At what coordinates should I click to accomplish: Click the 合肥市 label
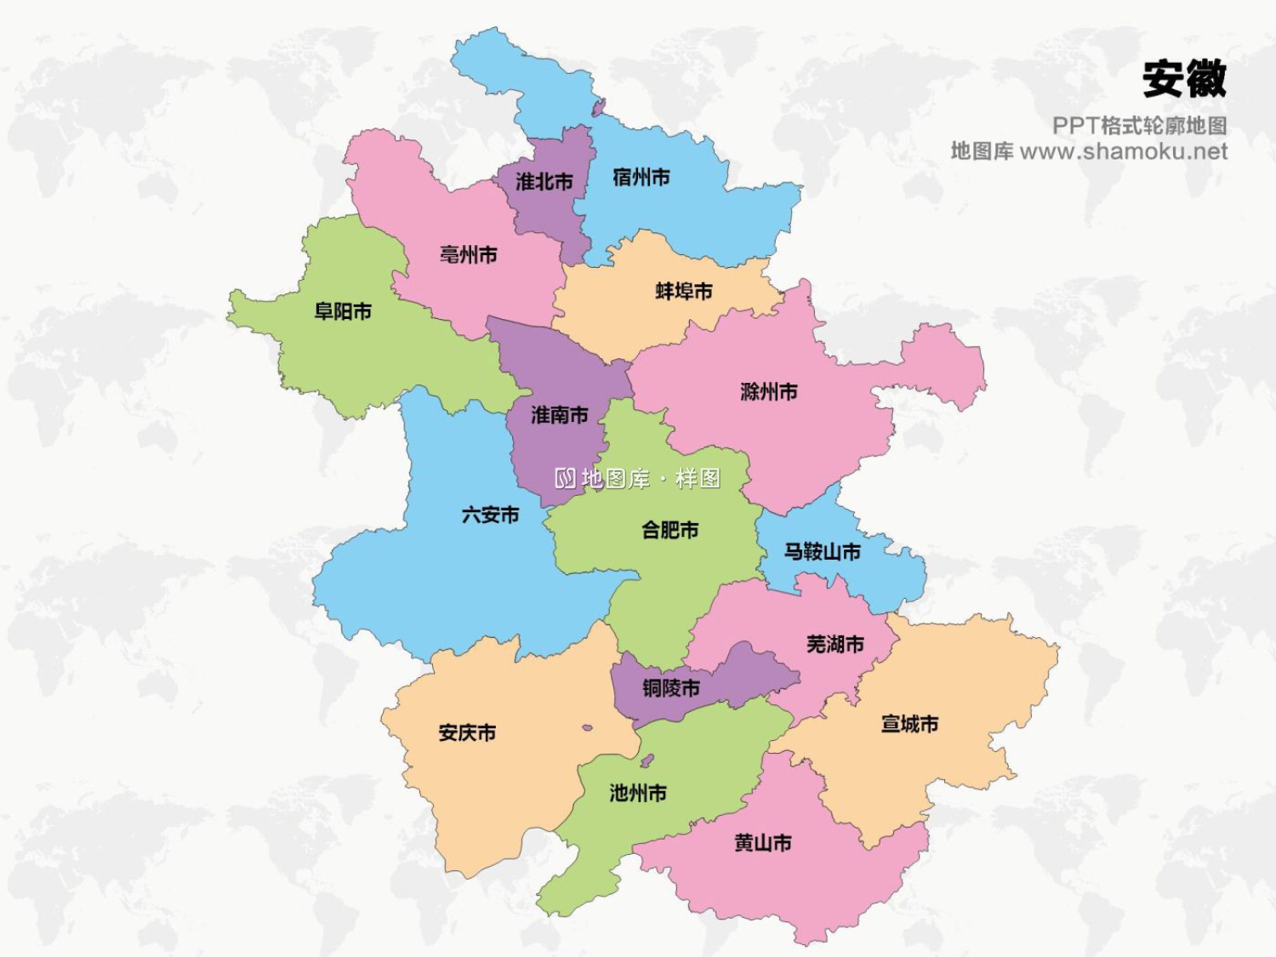669,530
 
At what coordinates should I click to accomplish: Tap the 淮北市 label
544,181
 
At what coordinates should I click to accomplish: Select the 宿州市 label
641,177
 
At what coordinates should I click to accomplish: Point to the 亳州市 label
468,254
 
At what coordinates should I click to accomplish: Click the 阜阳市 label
343,311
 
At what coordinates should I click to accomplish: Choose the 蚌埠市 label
684,291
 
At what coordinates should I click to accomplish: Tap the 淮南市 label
559,415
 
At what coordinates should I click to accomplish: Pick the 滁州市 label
769,392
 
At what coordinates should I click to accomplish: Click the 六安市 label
490,515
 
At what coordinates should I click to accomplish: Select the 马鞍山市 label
822,552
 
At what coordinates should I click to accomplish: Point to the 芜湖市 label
835,644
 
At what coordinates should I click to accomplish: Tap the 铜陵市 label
671,687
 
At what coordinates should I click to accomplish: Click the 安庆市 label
467,732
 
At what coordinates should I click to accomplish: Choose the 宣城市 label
909,724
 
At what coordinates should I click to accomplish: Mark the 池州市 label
638,793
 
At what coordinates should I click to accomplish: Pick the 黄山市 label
763,843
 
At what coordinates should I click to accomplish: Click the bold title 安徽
1184,79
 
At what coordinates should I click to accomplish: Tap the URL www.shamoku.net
1123,151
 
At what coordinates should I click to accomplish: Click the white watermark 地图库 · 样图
638,478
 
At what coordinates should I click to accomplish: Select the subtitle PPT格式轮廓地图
1139,126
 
